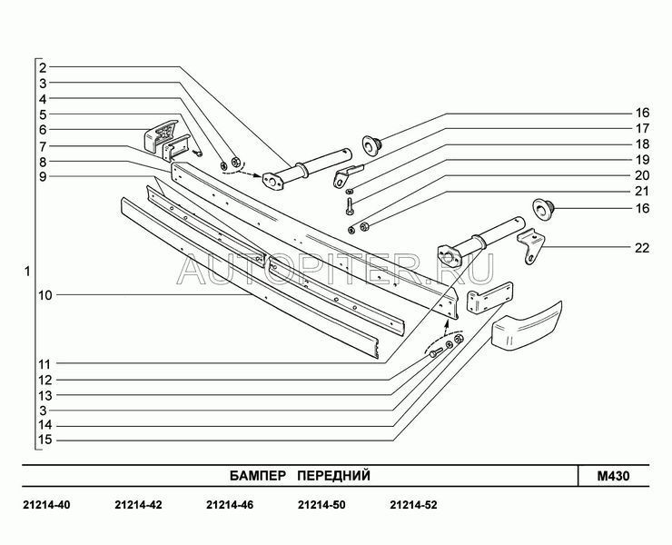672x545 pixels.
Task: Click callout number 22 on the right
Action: (x=641, y=248)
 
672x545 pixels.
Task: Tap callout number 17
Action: (x=642, y=128)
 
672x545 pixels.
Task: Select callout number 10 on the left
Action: (x=45, y=295)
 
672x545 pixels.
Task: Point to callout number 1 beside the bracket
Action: (x=27, y=272)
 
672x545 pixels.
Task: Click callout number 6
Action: (x=43, y=130)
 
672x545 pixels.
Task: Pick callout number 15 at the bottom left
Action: (x=45, y=440)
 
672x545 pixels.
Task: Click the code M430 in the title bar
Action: (x=614, y=476)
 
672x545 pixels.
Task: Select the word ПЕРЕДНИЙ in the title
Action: (x=333, y=476)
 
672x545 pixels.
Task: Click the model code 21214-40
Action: (x=46, y=505)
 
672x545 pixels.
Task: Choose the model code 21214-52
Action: (x=413, y=505)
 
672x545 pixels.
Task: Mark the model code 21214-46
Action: (x=230, y=505)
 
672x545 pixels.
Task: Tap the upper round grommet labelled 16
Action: (x=372, y=144)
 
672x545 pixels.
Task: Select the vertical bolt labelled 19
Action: (x=349, y=206)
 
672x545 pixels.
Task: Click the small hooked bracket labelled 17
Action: (x=347, y=176)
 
